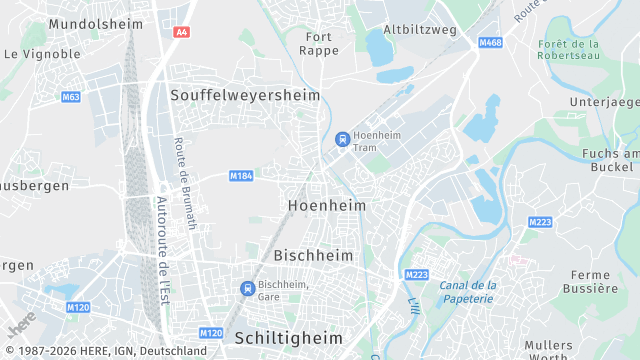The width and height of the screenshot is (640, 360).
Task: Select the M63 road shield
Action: pyautogui.click(x=70, y=97)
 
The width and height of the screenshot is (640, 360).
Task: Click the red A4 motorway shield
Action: pyautogui.click(x=181, y=32)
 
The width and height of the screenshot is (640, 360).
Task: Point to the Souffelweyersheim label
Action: pyautogui.click(x=245, y=95)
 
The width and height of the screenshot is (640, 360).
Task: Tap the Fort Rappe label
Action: pyautogui.click(x=319, y=43)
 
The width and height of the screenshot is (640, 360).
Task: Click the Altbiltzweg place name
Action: pyautogui.click(x=420, y=30)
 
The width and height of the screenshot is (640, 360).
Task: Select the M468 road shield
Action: pyautogui.click(x=490, y=43)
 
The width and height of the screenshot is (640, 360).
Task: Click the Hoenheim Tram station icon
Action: pyautogui.click(x=342, y=139)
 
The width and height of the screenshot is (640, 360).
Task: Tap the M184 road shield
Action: pyautogui.click(x=240, y=176)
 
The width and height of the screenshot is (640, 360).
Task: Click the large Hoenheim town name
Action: pyautogui.click(x=326, y=205)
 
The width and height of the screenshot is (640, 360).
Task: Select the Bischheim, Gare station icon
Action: pyautogui.click(x=247, y=288)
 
